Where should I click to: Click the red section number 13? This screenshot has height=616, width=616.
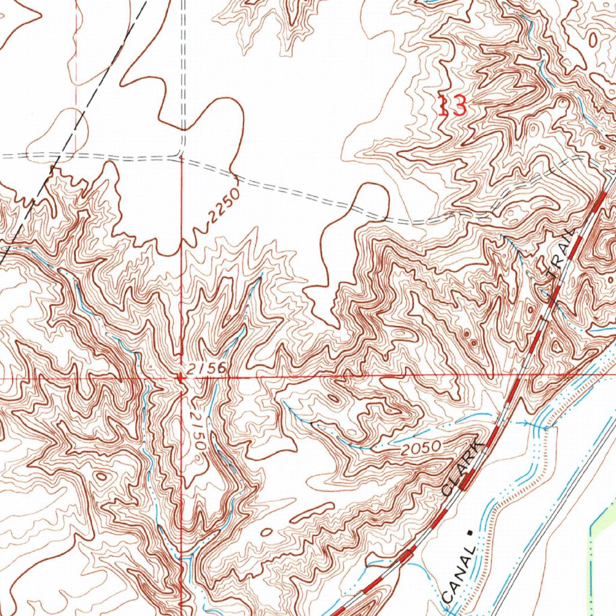[452, 107]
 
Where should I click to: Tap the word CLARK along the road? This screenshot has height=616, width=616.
[462, 467]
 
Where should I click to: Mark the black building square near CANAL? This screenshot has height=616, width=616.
[469, 532]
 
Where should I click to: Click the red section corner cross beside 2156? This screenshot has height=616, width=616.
[181, 378]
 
